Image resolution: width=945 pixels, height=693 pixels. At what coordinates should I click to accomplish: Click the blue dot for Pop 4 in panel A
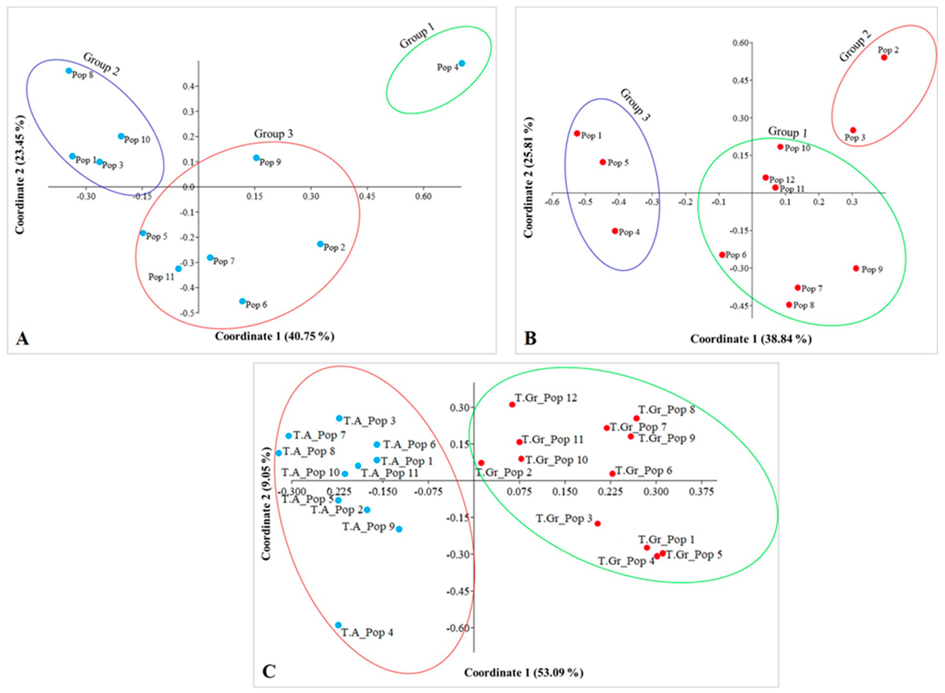coord(462,63)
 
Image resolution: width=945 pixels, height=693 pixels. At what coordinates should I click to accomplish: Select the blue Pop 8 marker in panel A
coord(69,71)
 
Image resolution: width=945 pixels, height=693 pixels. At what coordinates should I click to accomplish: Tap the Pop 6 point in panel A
coord(242,301)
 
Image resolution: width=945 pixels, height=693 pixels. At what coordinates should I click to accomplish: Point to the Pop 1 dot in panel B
coord(577,133)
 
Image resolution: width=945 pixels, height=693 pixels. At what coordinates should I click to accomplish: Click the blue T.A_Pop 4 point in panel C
coord(339,625)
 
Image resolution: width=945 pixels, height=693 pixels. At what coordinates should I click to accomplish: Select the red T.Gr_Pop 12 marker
coord(512,404)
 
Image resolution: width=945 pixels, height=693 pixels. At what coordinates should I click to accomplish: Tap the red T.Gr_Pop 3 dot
coord(598,523)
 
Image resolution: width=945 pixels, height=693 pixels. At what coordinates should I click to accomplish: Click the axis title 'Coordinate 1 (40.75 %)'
coord(275,336)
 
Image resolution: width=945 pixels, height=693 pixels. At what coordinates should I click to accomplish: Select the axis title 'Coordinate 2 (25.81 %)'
coord(528,178)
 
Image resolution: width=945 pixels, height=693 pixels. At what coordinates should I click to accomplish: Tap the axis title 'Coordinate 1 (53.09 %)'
coord(523,672)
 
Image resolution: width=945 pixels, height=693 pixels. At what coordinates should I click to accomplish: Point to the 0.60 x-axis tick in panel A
coord(423,197)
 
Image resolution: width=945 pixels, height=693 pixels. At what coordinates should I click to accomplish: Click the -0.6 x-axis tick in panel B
coord(552,202)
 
